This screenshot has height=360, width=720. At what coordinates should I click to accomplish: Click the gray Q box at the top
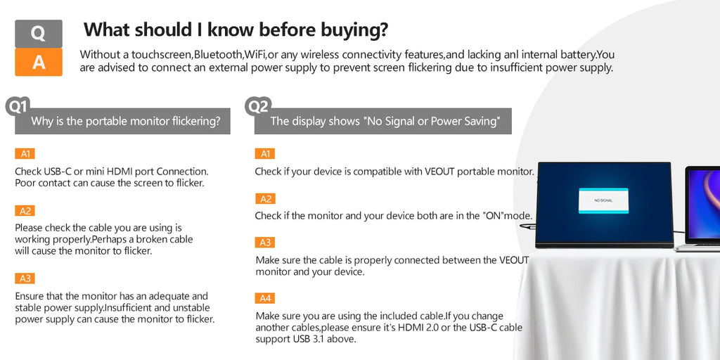[39, 34]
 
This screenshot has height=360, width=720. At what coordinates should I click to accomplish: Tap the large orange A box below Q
[39, 62]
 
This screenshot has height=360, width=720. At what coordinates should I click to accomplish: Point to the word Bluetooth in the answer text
[218, 55]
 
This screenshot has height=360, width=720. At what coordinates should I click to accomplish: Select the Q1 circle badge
[18, 107]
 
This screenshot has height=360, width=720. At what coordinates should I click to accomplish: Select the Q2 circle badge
[259, 107]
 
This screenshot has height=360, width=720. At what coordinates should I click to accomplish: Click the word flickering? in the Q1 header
[195, 121]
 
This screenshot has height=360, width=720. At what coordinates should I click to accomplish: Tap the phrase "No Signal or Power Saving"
[431, 121]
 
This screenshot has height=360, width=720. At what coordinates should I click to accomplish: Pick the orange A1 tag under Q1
[25, 154]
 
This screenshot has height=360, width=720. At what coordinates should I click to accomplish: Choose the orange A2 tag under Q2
[265, 199]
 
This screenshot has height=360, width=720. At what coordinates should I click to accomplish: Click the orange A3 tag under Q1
[25, 278]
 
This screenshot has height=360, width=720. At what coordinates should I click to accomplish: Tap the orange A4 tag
[265, 298]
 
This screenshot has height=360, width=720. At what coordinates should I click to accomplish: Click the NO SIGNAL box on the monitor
[603, 200]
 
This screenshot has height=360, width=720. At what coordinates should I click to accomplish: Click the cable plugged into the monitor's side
[528, 226]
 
